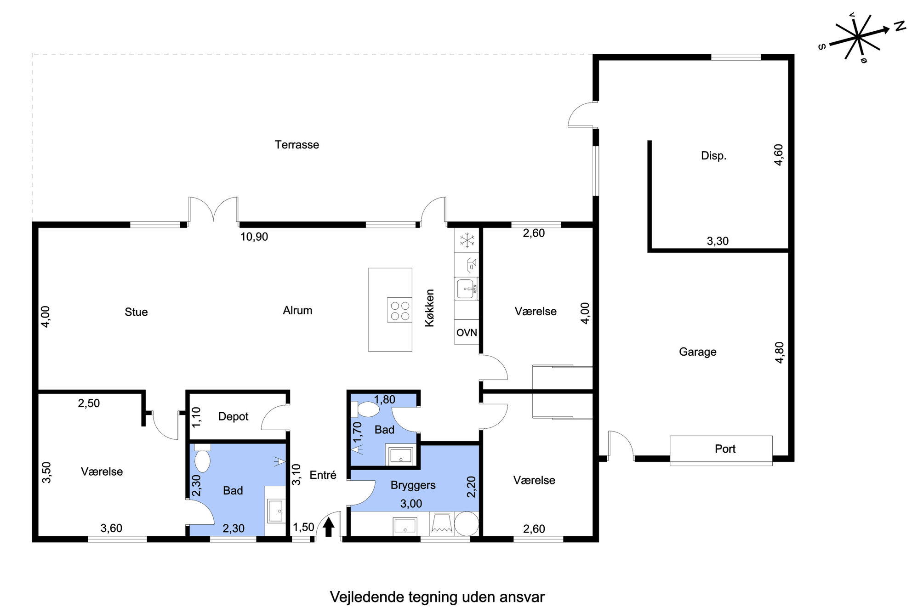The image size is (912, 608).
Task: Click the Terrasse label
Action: [297, 145]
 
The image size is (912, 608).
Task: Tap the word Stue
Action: [136, 312]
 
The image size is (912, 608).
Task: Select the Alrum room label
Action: [297, 311]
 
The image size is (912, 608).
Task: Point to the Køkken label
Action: [430, 308]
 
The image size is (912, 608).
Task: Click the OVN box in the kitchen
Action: [467, 332]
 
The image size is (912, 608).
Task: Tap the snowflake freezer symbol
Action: [467, 240]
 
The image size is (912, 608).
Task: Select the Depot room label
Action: [233, 416]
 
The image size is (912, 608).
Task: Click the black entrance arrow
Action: [328, 527]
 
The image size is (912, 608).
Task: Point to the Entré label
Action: [323, 475]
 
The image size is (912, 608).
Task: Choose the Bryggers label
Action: [413, 486]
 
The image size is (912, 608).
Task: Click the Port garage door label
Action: [725, 449]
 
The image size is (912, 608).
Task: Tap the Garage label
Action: [698, 352]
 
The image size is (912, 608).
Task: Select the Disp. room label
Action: [713, 156]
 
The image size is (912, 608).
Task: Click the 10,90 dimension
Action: [254, 237]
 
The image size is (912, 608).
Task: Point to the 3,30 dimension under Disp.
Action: [718, 241]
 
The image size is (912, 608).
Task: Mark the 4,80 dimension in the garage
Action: [780, 352]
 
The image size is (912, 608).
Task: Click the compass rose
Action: [858, 37]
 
